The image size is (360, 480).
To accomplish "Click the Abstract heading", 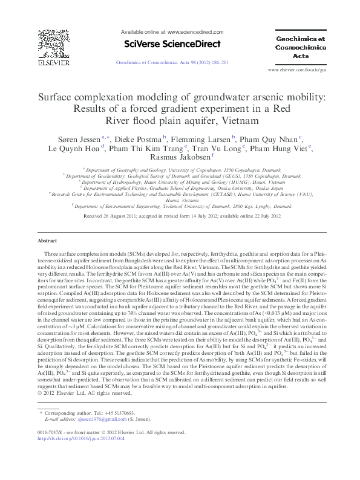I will pyautogui.click(x=47, y=241).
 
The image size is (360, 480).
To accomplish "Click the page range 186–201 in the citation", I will pyautogui.click(x=219, y=62).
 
